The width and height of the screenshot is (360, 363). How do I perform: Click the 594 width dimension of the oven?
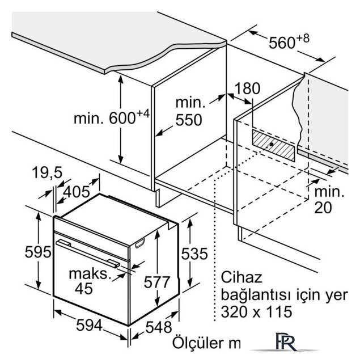(89, 325)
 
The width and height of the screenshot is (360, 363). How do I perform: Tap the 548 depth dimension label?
(159, 327)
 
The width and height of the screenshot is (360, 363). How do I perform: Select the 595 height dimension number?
(38, 252)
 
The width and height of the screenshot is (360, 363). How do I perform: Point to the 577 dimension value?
(157, 282)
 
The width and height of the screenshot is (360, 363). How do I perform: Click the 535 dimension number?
(194, 254)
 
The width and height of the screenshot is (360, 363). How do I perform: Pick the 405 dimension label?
(77, 192)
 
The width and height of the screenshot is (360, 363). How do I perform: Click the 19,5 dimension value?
(47, 172)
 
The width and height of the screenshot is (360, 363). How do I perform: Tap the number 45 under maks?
(84, 289)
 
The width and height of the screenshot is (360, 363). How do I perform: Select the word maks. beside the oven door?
(88, 273)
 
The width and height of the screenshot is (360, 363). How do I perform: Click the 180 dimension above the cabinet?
(247, 88)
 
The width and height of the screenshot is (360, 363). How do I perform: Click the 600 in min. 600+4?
(122, 118)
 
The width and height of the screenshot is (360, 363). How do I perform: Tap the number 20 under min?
(323, 208)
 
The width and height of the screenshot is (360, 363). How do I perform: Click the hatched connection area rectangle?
(273, 145)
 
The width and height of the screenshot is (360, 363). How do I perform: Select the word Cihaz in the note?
(242, 277)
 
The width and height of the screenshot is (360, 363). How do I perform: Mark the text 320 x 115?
(256, 311)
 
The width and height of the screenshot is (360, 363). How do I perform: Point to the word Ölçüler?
(199, 343)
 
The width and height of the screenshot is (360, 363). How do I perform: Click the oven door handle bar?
(88, 254)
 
